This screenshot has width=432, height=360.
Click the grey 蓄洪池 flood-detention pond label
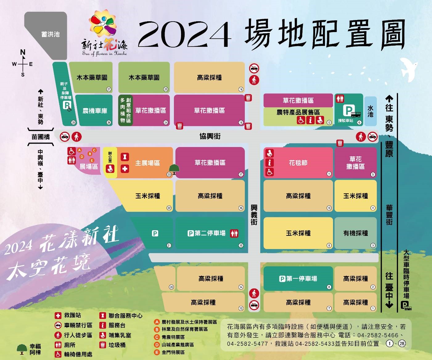50,34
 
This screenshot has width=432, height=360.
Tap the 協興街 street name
210,136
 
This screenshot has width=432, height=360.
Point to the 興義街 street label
253,215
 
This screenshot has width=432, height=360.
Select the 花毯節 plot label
298,163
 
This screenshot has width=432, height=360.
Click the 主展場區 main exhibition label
147,163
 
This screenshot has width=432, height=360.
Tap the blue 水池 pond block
370,111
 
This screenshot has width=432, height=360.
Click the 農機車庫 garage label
95,111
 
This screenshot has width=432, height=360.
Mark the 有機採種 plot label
356,233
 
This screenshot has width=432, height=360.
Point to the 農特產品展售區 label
298,112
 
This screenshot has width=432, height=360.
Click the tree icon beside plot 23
175,169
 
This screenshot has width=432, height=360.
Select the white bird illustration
408,69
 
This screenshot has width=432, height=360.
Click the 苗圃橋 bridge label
41,137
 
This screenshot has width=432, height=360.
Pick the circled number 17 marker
241,174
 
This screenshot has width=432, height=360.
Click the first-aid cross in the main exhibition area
125,169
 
